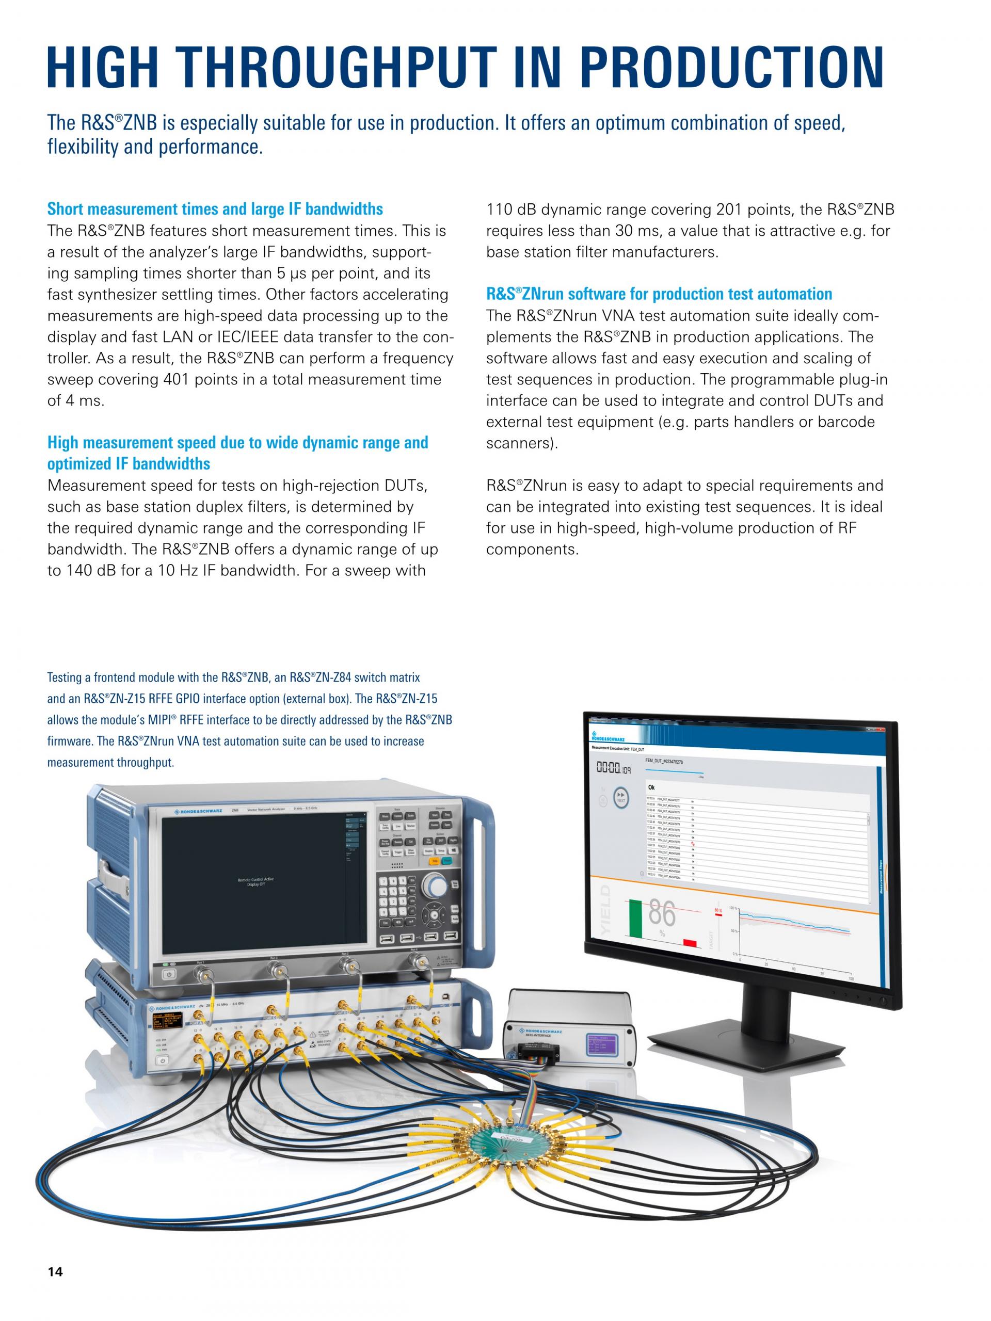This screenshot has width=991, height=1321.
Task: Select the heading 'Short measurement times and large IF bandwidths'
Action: pos(215,209)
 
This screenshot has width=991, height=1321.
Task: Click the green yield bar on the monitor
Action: pos(635,923)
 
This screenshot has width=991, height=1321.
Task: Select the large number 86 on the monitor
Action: pos(661,913)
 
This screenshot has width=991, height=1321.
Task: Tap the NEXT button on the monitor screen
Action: pos(621,798)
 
